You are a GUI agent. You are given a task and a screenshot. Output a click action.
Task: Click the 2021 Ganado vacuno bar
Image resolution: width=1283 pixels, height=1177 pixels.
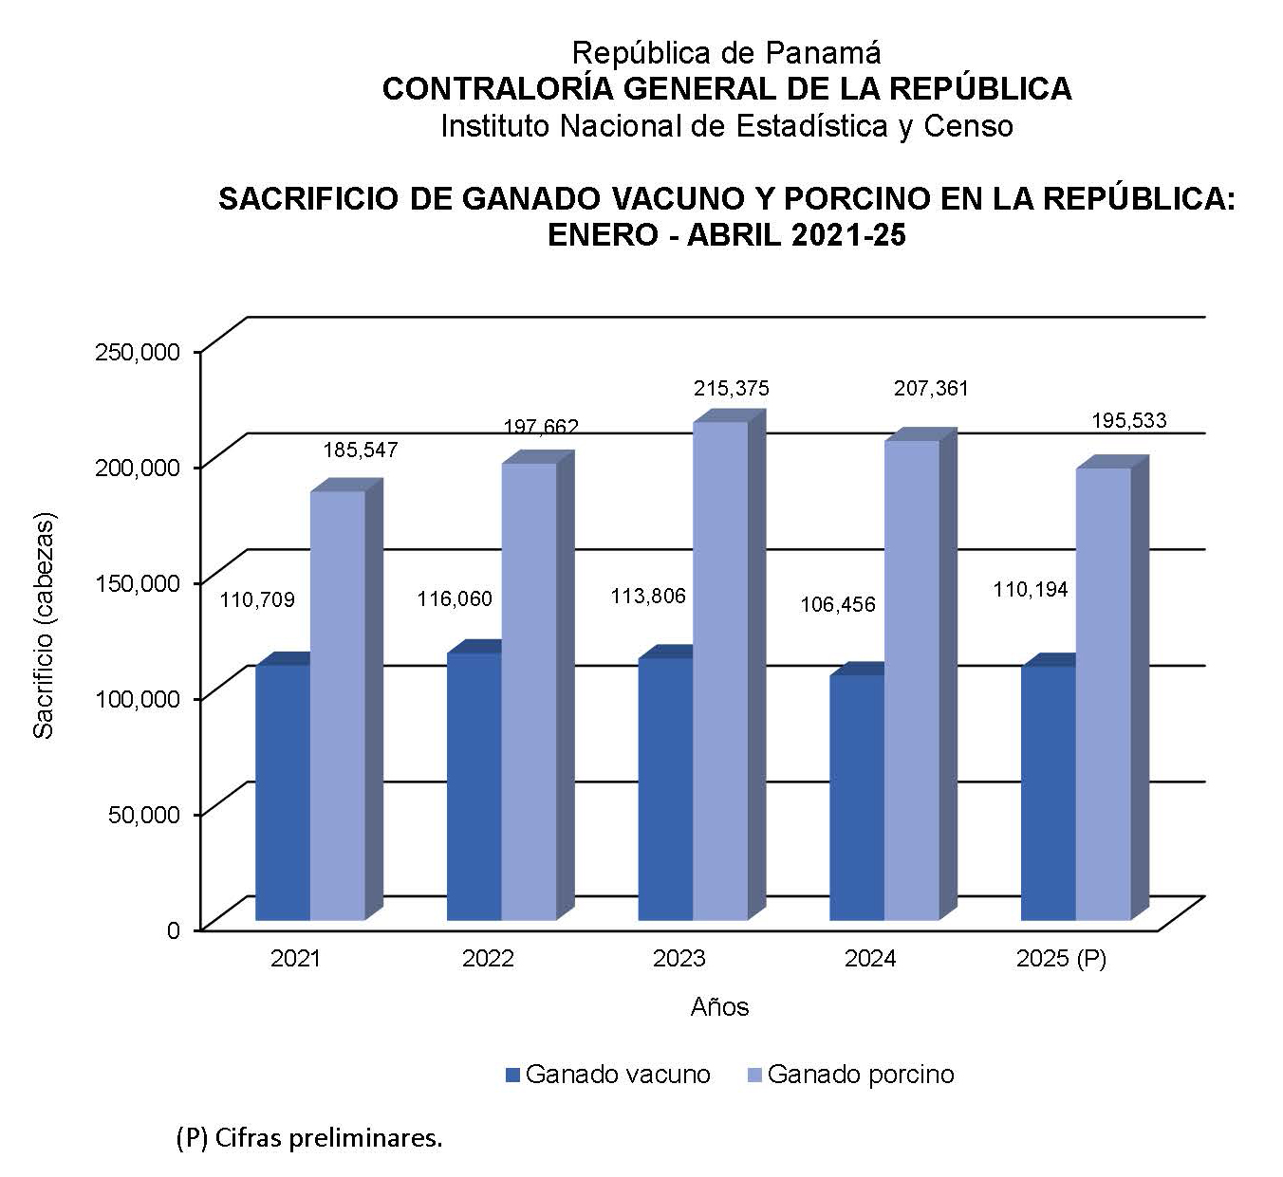click(283, 792)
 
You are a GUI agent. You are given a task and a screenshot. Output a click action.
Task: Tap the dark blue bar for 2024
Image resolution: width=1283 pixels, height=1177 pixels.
click(856, 797)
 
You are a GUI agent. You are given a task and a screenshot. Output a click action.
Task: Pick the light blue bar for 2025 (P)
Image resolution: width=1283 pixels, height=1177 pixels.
click(1103, 693)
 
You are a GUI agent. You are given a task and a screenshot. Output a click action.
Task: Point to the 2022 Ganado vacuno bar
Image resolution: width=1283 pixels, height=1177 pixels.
click(474, 786)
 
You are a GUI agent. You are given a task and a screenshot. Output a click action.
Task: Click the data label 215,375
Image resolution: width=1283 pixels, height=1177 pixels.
click(731, 389)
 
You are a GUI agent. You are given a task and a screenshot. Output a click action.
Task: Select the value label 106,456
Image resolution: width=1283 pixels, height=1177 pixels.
click(837, 605)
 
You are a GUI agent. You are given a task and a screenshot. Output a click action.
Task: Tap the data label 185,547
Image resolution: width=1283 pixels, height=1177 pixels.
click(360, 450)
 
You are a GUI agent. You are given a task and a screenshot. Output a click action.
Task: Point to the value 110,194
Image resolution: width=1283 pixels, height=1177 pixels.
click(1030, 590)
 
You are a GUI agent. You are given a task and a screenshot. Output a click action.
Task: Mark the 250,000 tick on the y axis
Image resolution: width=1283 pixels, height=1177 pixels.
click(138, 352)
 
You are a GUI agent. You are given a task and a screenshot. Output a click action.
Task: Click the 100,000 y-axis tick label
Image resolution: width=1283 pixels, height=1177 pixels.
click(138, 699)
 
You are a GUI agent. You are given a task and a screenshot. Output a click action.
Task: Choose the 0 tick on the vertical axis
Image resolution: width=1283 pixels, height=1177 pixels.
click(173, 930)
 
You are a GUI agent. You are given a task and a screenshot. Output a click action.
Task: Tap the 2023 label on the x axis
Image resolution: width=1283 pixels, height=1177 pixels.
click(679, 959)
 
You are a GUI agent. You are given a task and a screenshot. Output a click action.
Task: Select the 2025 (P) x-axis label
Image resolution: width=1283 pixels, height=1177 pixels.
click(1061, 959)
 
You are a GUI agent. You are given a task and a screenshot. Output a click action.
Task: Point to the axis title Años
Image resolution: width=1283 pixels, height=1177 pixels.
click(719, 1007)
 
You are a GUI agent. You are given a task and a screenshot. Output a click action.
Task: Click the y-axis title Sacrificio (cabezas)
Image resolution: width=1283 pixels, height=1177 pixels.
click(44, 626)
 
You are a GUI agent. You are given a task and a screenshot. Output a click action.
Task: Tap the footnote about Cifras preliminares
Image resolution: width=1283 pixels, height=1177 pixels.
click(309, 1138)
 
